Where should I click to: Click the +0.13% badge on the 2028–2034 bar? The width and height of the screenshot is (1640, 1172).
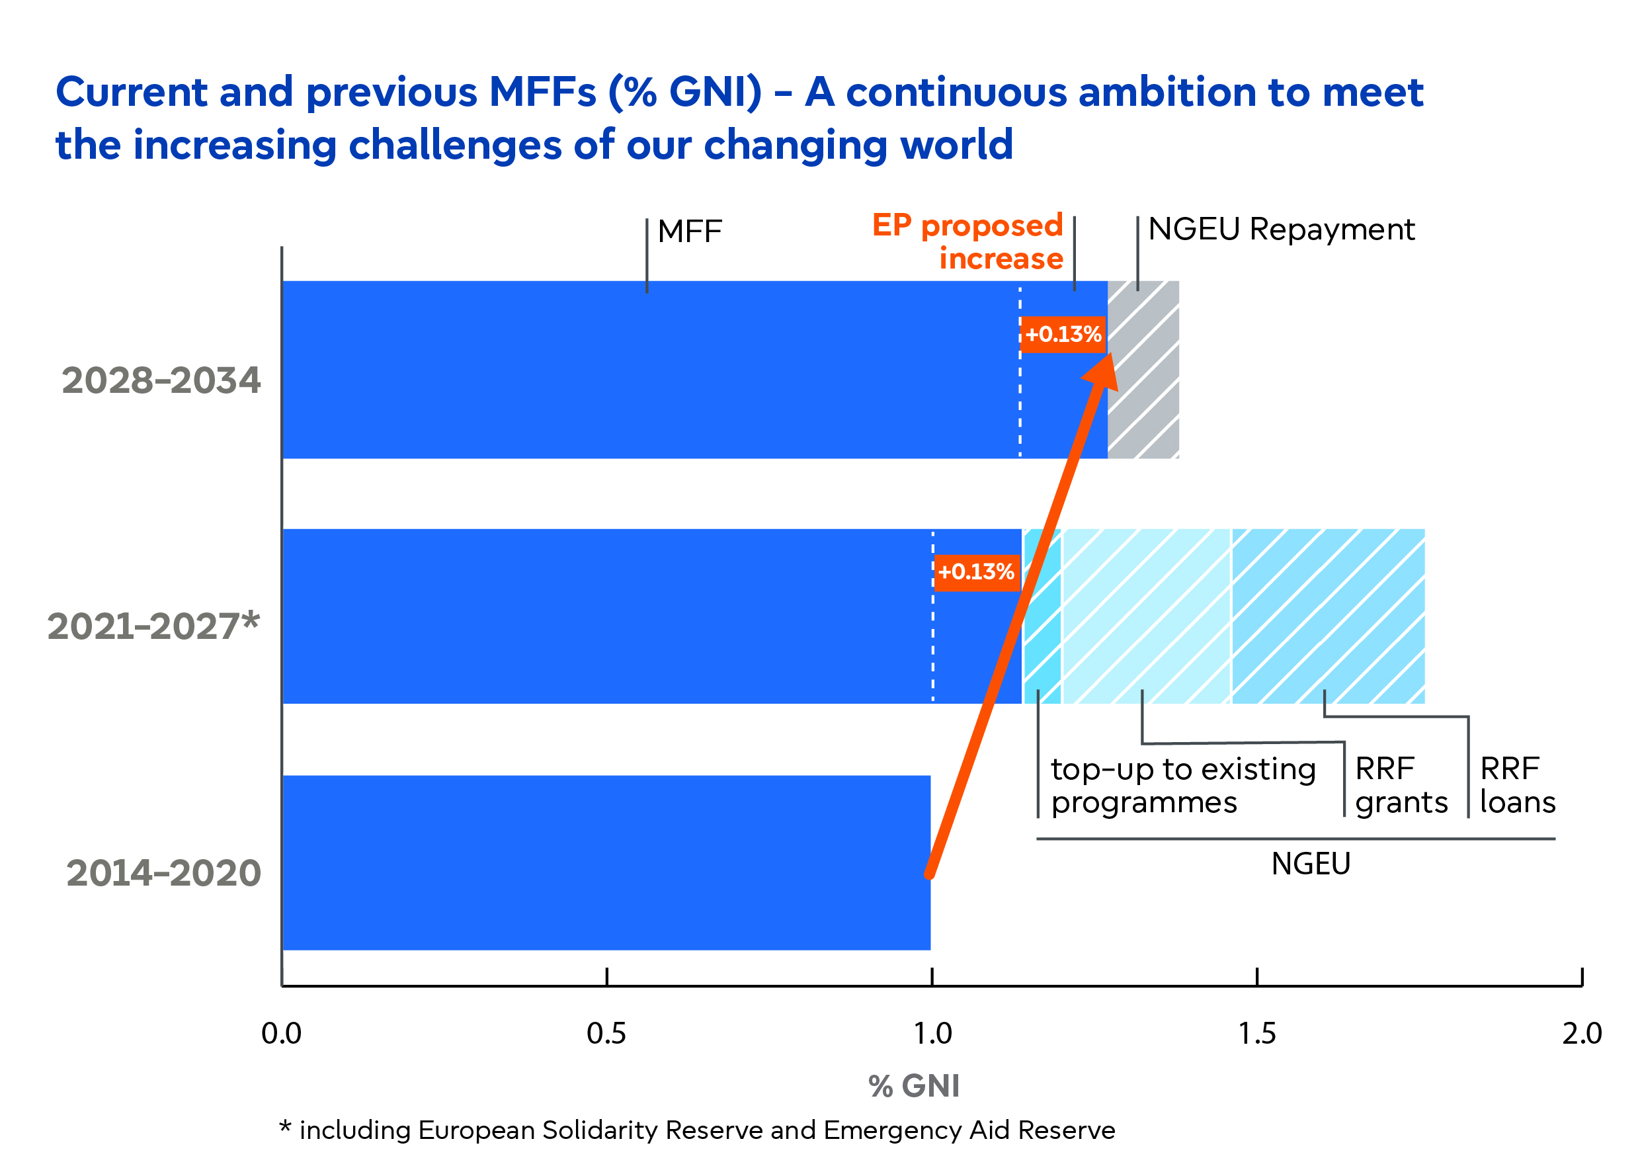[x=1062, y=334]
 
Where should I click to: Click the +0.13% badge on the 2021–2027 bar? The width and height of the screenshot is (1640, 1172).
[x=975, y=571]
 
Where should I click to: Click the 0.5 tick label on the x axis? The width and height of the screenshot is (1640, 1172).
[x=605, y=1034]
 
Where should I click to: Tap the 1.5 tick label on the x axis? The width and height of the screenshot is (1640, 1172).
[x=1257, y=1034]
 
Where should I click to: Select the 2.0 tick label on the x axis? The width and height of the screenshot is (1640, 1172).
[x=1582, y=1034]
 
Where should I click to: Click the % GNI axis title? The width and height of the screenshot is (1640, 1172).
[x=913, y=1085]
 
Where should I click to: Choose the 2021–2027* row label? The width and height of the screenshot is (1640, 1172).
[x=153, y=626]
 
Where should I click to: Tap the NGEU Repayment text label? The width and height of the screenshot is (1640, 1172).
[x=1281, y=230]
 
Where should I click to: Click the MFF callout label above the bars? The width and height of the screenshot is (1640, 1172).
[x=689, y=231]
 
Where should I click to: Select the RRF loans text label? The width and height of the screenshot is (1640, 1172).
[x=1516, y=785]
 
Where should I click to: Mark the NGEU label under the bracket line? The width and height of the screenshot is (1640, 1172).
[x=1309, y=863]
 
